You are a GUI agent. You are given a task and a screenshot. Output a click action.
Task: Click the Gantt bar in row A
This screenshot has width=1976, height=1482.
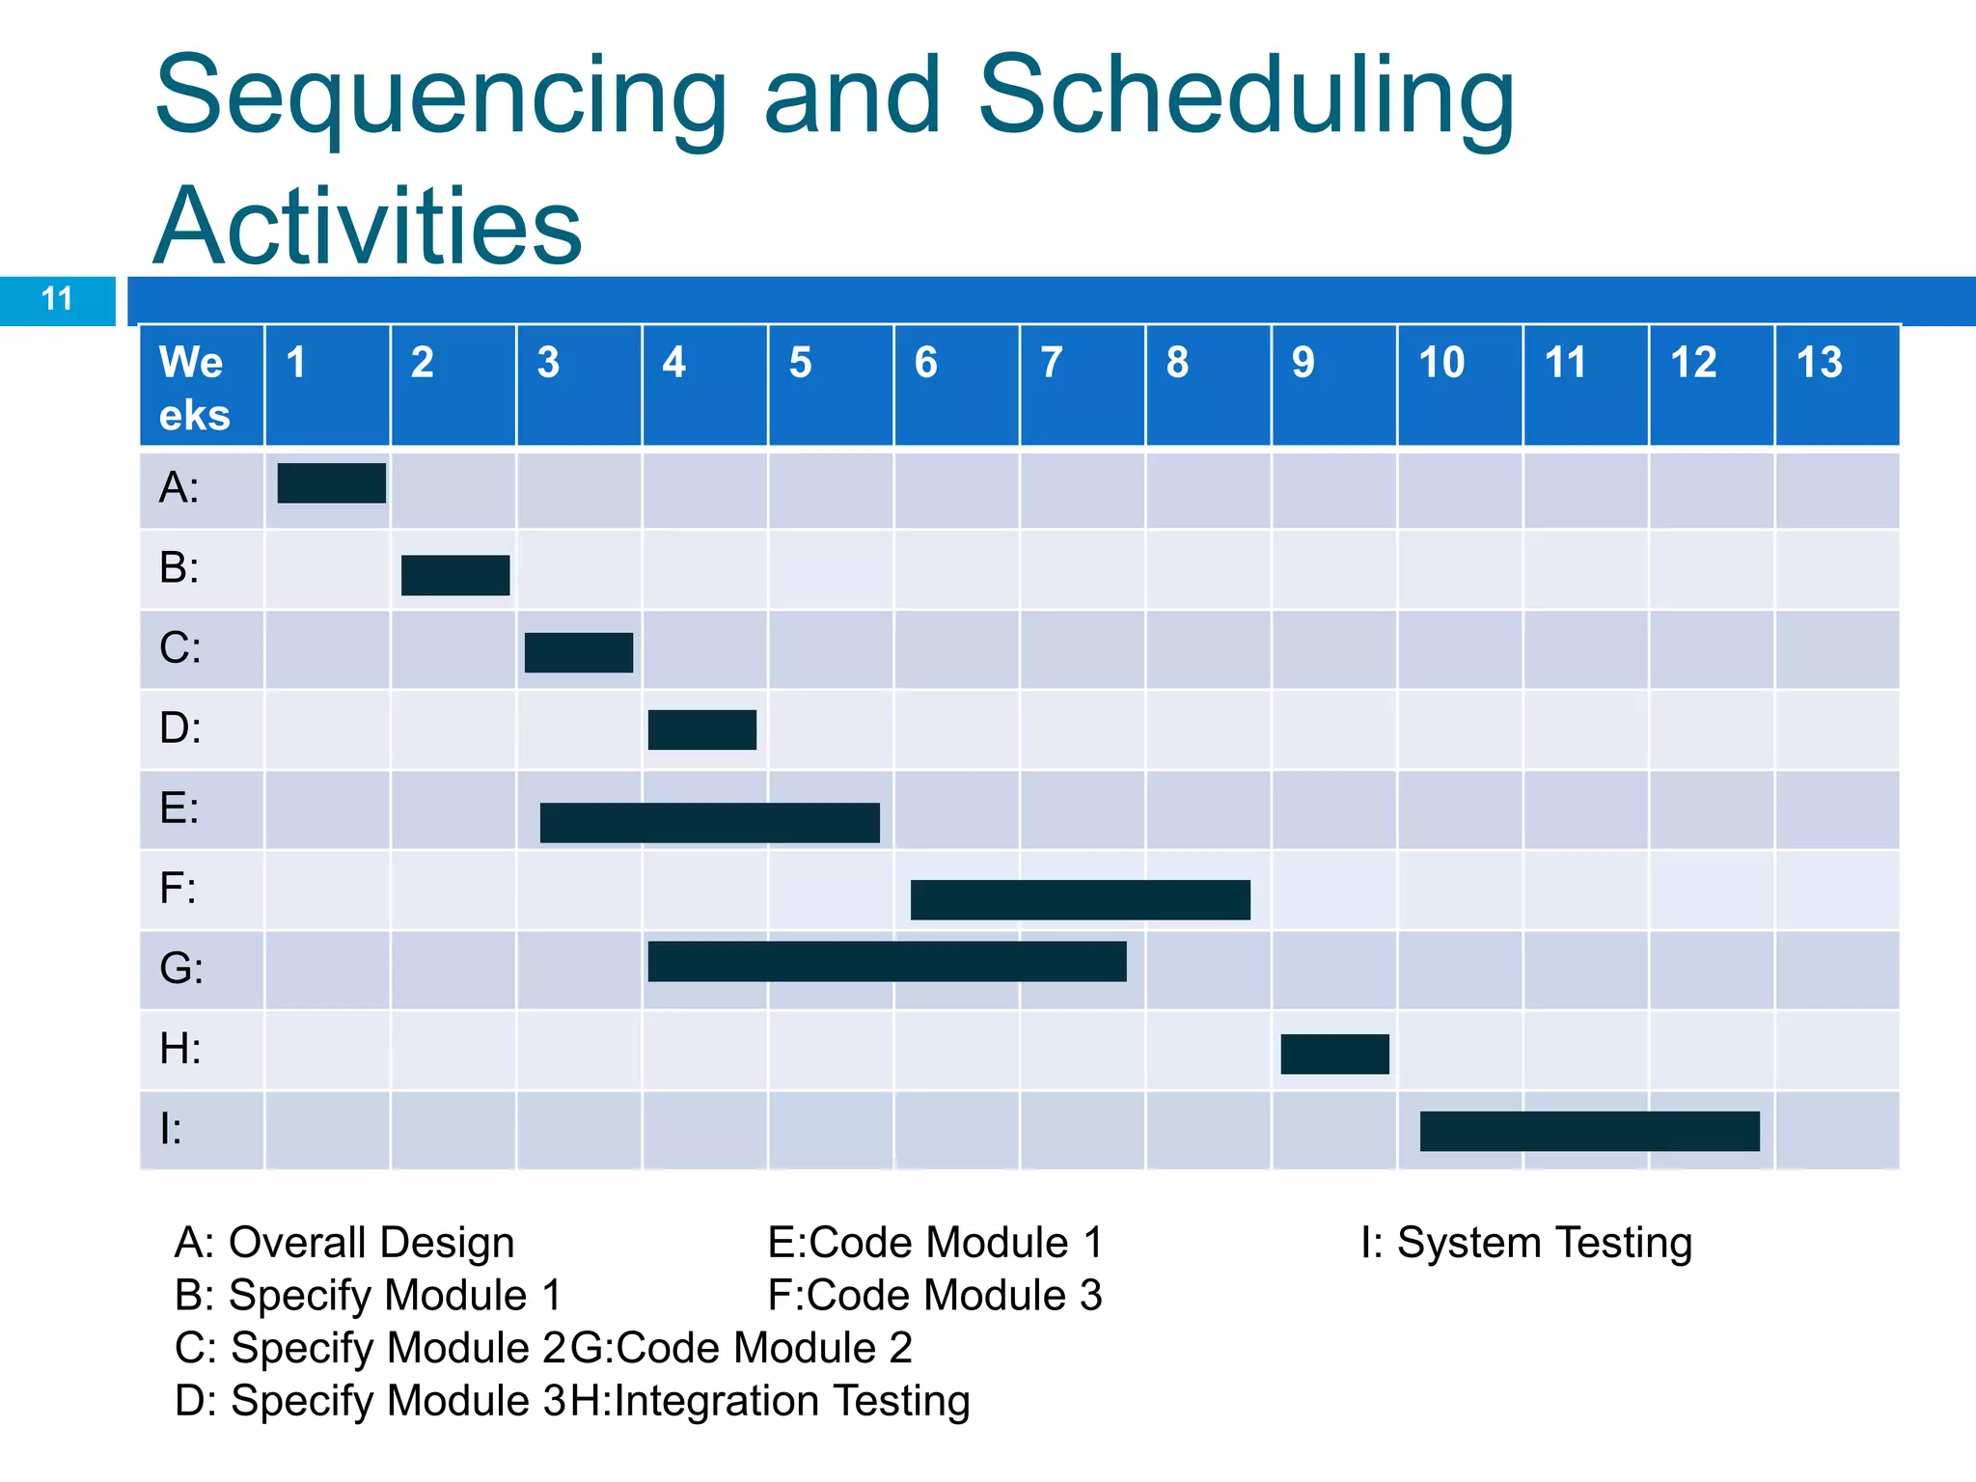click(x=331, y=483)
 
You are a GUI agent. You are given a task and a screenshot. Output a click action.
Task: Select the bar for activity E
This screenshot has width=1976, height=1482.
click(x=709, y=823)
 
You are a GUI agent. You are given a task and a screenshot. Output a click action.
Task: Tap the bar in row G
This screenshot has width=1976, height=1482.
click(x=887, y=962)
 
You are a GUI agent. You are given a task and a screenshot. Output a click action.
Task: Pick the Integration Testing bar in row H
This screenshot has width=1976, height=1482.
click(x=1334, y=1055)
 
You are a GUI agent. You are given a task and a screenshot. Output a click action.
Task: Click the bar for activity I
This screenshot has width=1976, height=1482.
click(x=1589, y=1132)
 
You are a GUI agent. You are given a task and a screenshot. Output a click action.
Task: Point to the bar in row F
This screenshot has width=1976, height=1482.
click(x=1080, y=900)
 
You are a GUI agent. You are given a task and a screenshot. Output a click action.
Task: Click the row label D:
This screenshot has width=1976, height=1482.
click(x=180, y=728)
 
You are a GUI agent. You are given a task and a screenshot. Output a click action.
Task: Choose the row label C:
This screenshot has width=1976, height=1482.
click(x=180, y=648)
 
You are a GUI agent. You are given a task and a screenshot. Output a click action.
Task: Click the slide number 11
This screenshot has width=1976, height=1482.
click(x=57, y=300)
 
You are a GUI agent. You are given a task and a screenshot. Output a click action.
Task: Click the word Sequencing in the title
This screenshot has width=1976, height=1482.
click(x=440, y=96)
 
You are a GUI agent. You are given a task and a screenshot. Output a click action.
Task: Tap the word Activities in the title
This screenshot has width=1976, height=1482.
click(x=368, y=227)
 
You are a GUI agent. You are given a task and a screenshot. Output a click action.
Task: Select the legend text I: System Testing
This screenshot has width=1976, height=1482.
click(x=1525, y=1243)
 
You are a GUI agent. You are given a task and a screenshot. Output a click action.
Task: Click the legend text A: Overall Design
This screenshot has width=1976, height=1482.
click(x=344, y=1243)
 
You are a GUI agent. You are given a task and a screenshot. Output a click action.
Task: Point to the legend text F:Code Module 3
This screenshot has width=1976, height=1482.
click(x=934, y=1296)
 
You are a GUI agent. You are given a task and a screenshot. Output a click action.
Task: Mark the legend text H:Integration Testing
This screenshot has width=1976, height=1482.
click(x=770, y=1401)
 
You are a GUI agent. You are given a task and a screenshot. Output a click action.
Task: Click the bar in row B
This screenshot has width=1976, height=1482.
click(x=454, y=576)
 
